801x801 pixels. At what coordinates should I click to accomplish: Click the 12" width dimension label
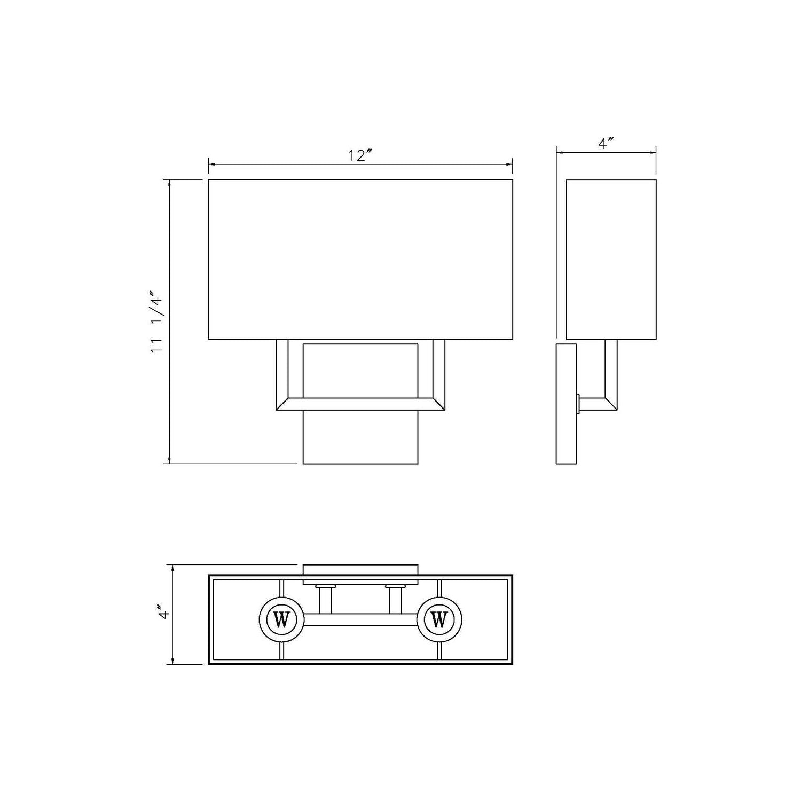click(360, 155)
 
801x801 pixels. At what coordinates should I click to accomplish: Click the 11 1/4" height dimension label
click(155, 321)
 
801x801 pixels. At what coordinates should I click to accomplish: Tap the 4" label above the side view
click(606, 144)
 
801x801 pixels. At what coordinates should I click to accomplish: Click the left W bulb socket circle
click(281, 620)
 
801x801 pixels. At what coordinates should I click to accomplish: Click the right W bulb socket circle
click(439, 620)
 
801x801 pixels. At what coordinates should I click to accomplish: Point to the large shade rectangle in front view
click(360, 260)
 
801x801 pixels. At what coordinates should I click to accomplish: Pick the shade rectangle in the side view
click(611, 260)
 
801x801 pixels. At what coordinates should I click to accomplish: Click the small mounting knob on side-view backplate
click(578, 404)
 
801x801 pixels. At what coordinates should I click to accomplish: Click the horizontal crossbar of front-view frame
click(360, 404)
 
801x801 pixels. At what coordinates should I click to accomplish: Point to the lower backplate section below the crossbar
click(360, 437)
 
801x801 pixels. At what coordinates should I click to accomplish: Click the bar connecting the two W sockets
click(360, 620)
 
